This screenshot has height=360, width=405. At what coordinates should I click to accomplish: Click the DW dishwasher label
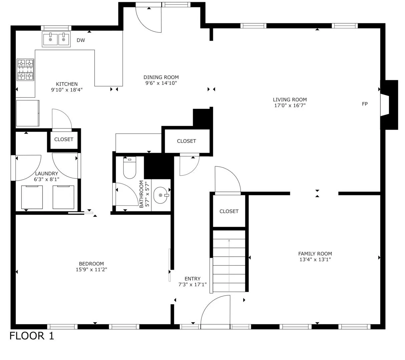81,40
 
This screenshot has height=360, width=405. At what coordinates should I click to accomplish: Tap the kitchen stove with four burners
25,70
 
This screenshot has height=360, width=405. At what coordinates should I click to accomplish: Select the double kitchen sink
56,39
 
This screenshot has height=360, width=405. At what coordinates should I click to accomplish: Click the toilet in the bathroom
129,167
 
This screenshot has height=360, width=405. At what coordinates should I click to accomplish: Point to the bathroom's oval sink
161,195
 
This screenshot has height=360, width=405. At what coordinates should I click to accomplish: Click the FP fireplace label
365,104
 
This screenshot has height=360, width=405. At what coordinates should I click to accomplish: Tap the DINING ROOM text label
161,77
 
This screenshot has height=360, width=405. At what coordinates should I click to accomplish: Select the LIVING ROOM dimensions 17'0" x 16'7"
290,105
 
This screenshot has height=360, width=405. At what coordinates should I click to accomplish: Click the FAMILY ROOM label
315,254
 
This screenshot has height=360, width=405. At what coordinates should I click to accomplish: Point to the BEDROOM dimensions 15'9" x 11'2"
91,270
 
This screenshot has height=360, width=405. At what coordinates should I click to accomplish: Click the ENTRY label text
192,279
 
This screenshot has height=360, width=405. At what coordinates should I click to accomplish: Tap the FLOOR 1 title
32,336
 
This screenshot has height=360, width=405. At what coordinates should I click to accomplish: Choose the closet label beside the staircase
229,211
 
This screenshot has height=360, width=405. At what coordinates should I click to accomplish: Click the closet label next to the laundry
64,139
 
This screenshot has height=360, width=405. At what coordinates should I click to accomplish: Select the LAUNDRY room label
47,173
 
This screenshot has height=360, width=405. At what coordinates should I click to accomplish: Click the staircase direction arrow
229,265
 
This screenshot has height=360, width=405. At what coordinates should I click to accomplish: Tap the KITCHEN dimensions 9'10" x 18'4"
67,90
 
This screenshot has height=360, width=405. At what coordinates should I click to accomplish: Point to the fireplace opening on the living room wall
384,105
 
